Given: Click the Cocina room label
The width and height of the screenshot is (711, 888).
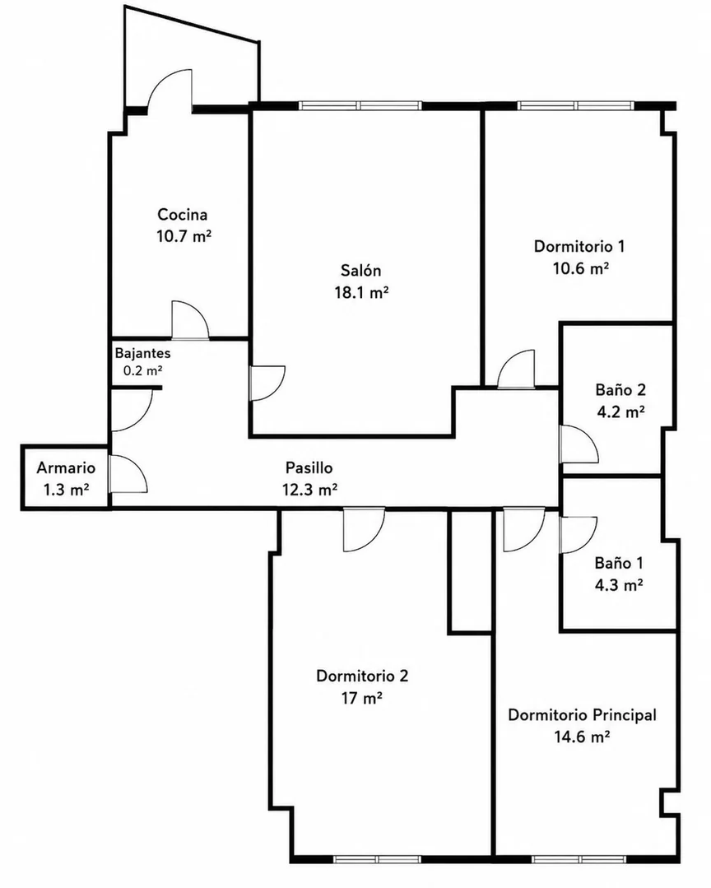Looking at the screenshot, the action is click(183, 215).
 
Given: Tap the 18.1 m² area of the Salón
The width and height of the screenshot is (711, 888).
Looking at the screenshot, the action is click(361, 292).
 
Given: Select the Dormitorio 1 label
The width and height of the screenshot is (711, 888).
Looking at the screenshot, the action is click(579, 246).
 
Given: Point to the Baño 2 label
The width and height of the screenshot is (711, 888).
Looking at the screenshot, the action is click(620, 389).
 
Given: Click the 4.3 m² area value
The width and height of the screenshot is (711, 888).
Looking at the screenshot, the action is click(619, 584).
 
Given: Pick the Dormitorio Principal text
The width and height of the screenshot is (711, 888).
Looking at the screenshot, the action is click(582, 714).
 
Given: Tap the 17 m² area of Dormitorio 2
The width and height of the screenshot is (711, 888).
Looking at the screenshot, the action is click(362, 698).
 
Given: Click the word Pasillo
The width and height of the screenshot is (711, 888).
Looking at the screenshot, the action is click(309, 467).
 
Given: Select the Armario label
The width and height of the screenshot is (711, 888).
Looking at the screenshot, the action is click(66, 467).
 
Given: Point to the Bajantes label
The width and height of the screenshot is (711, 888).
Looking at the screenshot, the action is click(142, 353).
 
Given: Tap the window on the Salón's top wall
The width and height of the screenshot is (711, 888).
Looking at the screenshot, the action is click(360, 105).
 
